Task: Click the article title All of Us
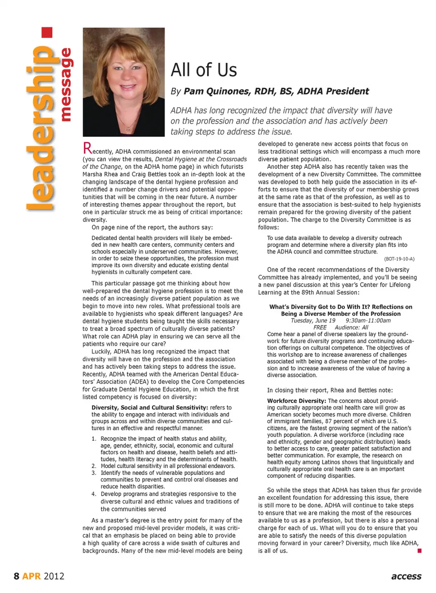coord(203,70)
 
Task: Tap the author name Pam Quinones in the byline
coord(216,91)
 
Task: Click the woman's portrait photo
coord(124,82)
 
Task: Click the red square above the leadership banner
coord(47,33)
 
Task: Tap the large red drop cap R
coord(87,148)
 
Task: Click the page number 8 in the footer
coord(16,576)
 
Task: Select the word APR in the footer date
coord(31,576)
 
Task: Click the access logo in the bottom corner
coord(406,576)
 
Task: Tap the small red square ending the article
coord(419,551)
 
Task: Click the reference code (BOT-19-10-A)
coord(399,259)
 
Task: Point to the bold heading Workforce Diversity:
coord(296,401)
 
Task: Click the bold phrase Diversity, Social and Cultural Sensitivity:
coord(150,408)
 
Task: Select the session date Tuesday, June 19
coord(313,320)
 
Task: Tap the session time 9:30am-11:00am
coord(368,320)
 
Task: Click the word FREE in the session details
coord(320,327)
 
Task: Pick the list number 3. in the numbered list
coord(94,473)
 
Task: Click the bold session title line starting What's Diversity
coord(341,307)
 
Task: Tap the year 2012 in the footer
coord(54,576)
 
